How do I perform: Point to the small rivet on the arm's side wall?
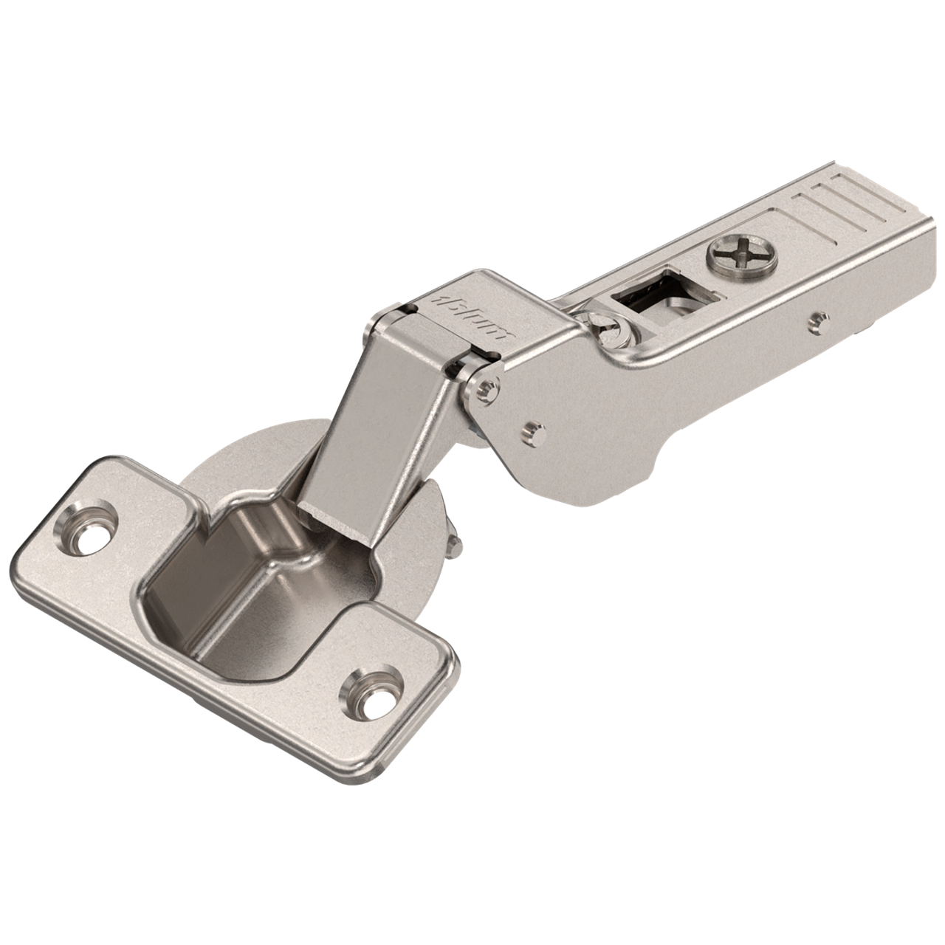coord(815,319)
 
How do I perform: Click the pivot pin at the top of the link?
coord(484,389)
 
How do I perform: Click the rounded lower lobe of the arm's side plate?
coord(583,472)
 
